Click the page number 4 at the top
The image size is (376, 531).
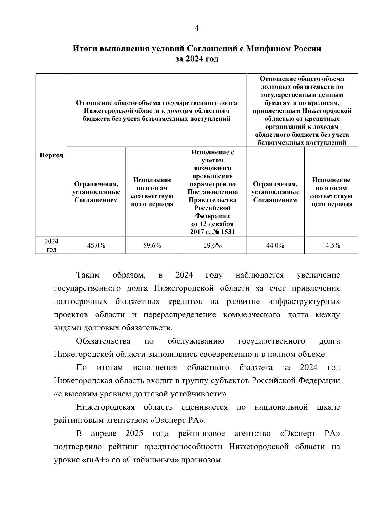pyautogui.click(x=196, y=28)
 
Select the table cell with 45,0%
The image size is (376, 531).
pyautogui.click(x=96, y=246)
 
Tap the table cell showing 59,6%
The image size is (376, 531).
pyautogui.click(x=152, y=246)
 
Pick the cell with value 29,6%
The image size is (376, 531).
pyautogui.click(x=212, y=246)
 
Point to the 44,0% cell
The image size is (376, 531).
pyautogui.click(x=275, y=246)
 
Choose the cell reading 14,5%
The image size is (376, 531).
pyautogui.click(x=331, y=246)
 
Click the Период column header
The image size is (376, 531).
pyautogui.click(x=51, y=156)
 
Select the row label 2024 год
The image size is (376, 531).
pyautogui.click(x=51, y=245)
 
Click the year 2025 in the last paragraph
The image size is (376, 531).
pyautogui.click(x=134, y=434)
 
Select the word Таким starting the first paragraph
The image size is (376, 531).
pyautogui.click(x=88, y=275)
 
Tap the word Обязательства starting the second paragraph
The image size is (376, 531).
pyautogui.click(x=103, y=341)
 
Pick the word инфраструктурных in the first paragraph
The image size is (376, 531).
pyautogui.click(x=304, y=302)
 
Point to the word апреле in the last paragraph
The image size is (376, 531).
pyautogui.click(x=103, y=434)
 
